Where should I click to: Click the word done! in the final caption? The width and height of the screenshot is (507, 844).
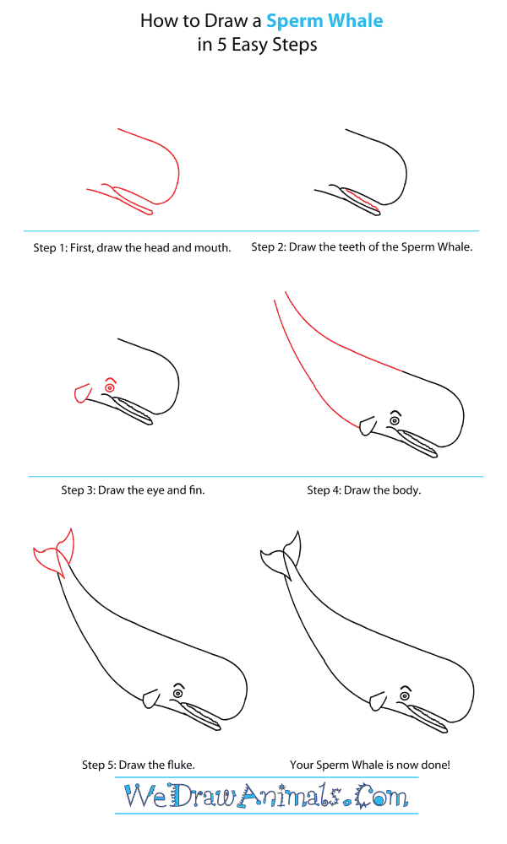pos(432,765)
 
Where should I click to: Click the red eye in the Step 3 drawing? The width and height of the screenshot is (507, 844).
pos(110,387)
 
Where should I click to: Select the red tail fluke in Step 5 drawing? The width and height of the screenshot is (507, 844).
pos(52,553)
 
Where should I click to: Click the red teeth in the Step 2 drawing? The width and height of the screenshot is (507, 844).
pos(359,201)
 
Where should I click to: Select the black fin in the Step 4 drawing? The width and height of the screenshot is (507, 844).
pos(366,426)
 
